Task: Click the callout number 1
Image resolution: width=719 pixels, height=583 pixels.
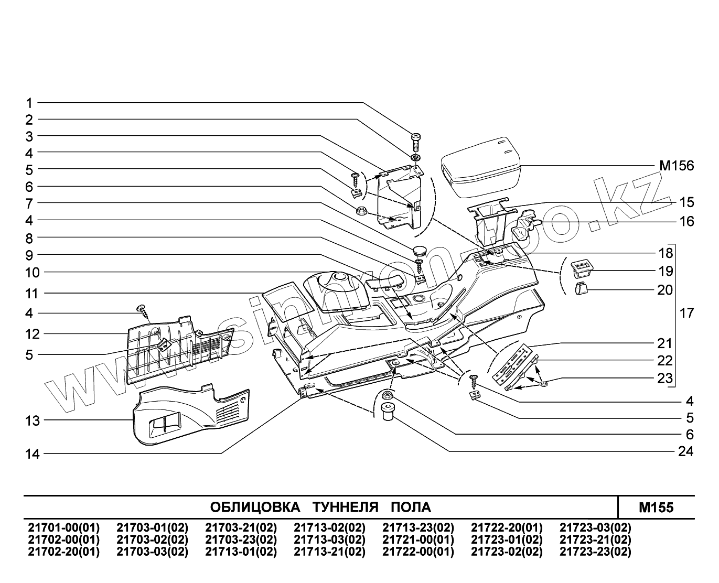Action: pos(29,103)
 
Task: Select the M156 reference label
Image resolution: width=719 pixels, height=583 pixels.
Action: pos(676,166)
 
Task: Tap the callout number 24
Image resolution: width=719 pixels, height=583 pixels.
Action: pos(685,451)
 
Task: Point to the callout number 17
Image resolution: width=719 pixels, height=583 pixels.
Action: pos(686,314)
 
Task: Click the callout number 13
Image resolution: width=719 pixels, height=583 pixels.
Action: pos(33,420)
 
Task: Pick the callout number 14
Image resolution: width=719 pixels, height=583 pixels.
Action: pos(33,454)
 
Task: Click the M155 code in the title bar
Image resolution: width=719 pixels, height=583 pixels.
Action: pos(656,508)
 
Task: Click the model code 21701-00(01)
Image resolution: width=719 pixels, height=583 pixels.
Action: pos(62,527)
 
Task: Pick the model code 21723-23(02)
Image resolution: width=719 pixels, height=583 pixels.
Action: pos(595,552)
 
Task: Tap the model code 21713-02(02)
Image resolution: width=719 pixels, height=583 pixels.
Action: pos(329,527)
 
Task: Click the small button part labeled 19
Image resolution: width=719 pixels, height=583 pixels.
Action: pos(581,268)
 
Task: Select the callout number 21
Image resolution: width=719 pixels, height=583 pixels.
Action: pos(665,344)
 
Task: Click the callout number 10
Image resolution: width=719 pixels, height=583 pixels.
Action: pos(33,272)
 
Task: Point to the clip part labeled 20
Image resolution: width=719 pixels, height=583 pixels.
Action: pos(581,289)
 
